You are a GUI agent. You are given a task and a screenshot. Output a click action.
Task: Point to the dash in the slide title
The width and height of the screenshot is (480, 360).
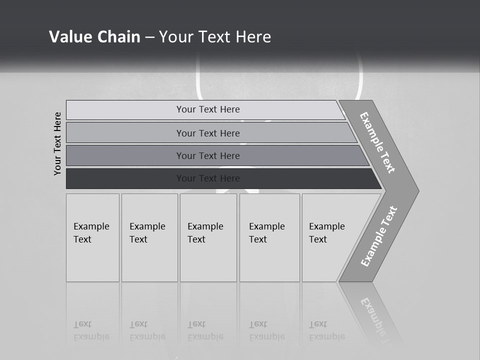tap(149, 37)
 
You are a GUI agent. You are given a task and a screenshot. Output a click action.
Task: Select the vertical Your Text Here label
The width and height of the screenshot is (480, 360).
tap(57, 143)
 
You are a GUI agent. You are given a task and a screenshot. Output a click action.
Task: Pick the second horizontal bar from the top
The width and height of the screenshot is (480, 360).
tap(207, 133)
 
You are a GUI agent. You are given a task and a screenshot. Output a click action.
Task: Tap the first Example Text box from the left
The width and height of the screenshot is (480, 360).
tap(92, 237)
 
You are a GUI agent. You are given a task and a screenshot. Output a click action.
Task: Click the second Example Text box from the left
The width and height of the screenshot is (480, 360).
tap(149, 237)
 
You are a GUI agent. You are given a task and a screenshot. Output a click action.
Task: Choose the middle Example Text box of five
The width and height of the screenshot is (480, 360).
tap(208, 237)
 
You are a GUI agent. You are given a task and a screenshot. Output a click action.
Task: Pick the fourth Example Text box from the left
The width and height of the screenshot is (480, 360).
tap(269, 237)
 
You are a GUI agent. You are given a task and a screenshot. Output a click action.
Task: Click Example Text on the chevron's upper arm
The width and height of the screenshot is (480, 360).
tap(377, 142)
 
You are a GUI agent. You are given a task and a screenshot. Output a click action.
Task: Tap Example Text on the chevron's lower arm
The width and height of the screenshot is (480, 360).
tap(379, 236)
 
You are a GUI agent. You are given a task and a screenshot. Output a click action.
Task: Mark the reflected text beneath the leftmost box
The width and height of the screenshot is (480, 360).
tap(91, 331)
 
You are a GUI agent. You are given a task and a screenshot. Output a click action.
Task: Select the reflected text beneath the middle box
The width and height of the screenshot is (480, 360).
tap(205, 331)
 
